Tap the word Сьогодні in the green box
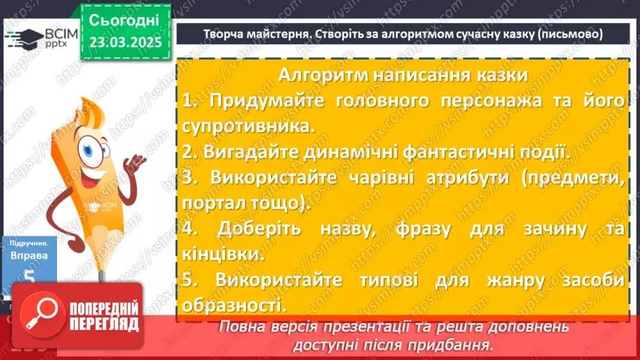pyautogui.click(x=124, y=19)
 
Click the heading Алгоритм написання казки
pyautogui.click(x=402, y=74)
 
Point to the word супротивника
pyautogui.click(x=247, y=126)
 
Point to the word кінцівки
pyautogui.click(x=224, y=254)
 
